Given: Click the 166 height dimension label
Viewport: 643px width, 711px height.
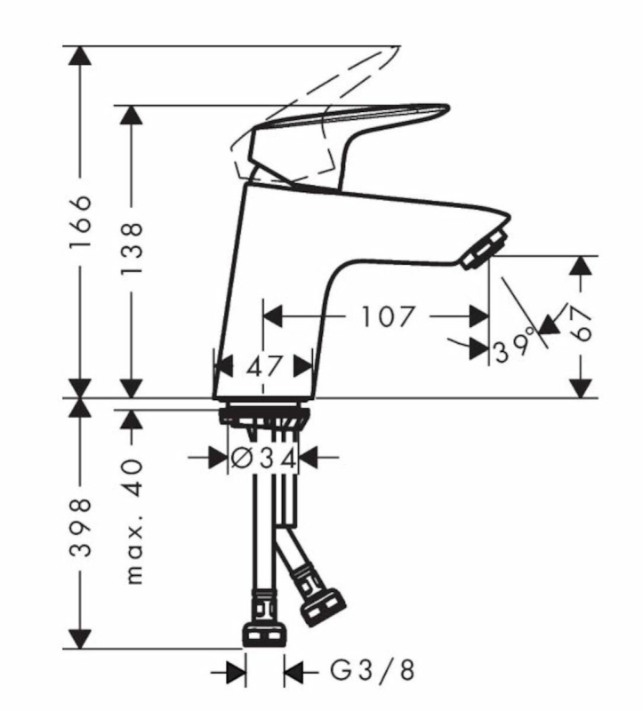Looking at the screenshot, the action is click(81, 221).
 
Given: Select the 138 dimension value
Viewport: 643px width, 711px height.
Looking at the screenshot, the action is click(133, 248).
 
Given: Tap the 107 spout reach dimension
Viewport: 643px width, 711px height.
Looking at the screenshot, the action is click(387, 316).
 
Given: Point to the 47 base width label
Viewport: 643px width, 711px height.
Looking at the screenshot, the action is click(264, 366).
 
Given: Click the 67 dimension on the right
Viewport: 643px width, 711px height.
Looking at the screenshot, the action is click(581, 323).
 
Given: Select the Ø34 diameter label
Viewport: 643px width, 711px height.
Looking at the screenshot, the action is click(263, 458).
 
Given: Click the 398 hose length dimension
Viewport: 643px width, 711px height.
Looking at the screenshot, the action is click(81, 528).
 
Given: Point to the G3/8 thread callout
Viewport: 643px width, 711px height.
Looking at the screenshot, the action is click(372, 671).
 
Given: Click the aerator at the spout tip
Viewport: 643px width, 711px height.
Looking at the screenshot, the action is click(485, 250).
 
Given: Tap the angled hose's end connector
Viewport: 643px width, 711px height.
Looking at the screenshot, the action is click(323, 607).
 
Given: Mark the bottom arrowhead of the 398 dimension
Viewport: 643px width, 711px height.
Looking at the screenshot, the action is click(80, 639).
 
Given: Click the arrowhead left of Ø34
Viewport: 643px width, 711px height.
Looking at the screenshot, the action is click(218, 458).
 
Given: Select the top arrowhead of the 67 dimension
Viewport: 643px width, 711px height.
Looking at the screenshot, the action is click(581, 265).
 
